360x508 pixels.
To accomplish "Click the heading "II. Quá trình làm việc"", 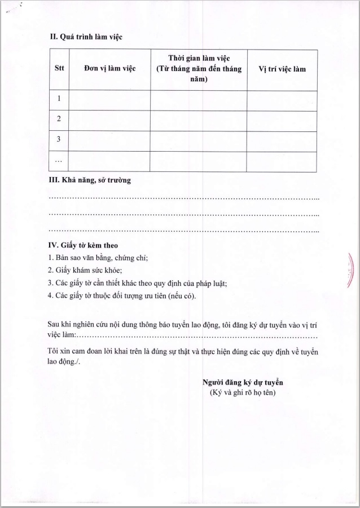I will pos(86,37).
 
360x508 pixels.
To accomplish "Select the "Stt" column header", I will pos(59,69).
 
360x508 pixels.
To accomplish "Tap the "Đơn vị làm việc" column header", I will pos(109,69).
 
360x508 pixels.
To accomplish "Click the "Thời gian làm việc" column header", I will pos(199,69).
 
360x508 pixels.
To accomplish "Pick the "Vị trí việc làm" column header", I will pos(282,69).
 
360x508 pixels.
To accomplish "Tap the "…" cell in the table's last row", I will pos(59,161).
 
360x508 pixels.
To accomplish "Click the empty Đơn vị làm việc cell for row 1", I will pos(109,100).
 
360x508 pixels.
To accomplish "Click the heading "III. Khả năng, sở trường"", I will pos(90,180).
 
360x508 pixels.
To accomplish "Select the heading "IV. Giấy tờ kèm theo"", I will pos(83,246).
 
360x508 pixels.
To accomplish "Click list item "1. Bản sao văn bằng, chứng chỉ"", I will pos(98,258).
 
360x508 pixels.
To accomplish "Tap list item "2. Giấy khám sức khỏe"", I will pos(85,270).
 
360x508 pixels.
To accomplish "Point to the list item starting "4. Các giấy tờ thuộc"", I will pos(122,295).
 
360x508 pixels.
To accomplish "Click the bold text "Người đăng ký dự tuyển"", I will pos(243,382).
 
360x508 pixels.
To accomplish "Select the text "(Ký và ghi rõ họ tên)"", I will pos(243,392).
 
